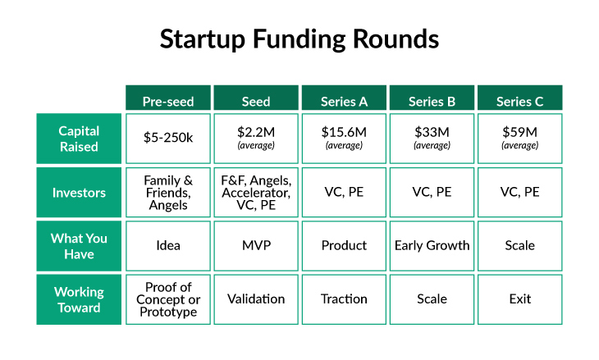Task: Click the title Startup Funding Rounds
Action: pos(299,39)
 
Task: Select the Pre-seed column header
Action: pos(168,101)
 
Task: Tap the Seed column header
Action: pos(256,101)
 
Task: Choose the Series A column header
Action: pos(344,101)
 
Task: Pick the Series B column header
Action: pos(432,101)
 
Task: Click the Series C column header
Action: pos(519,101)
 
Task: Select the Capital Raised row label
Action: pos(79,139)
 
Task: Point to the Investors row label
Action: pos(79,192)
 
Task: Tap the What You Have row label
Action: pos(79,245)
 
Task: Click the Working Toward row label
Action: pos(79,299)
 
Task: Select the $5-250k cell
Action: pos(168,139)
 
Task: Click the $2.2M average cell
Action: pos(256,139)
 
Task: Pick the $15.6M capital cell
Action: pos(344,139)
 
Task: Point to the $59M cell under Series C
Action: pos(519,139)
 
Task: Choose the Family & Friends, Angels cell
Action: pos(168,192)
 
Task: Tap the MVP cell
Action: pos(256,245)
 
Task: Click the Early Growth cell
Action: pos(432,245)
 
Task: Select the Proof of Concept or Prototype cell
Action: pos(168,299)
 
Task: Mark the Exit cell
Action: pos(519,299)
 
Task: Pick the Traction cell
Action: pos(344,299)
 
